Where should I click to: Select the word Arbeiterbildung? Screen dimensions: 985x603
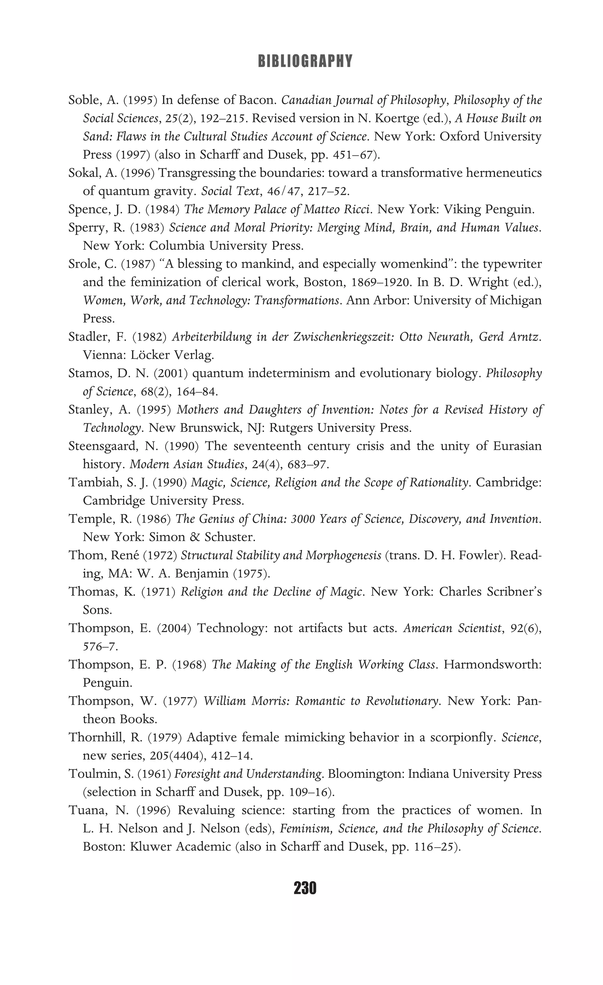coord(211,337)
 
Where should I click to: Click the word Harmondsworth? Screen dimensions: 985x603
coord(493,665)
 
